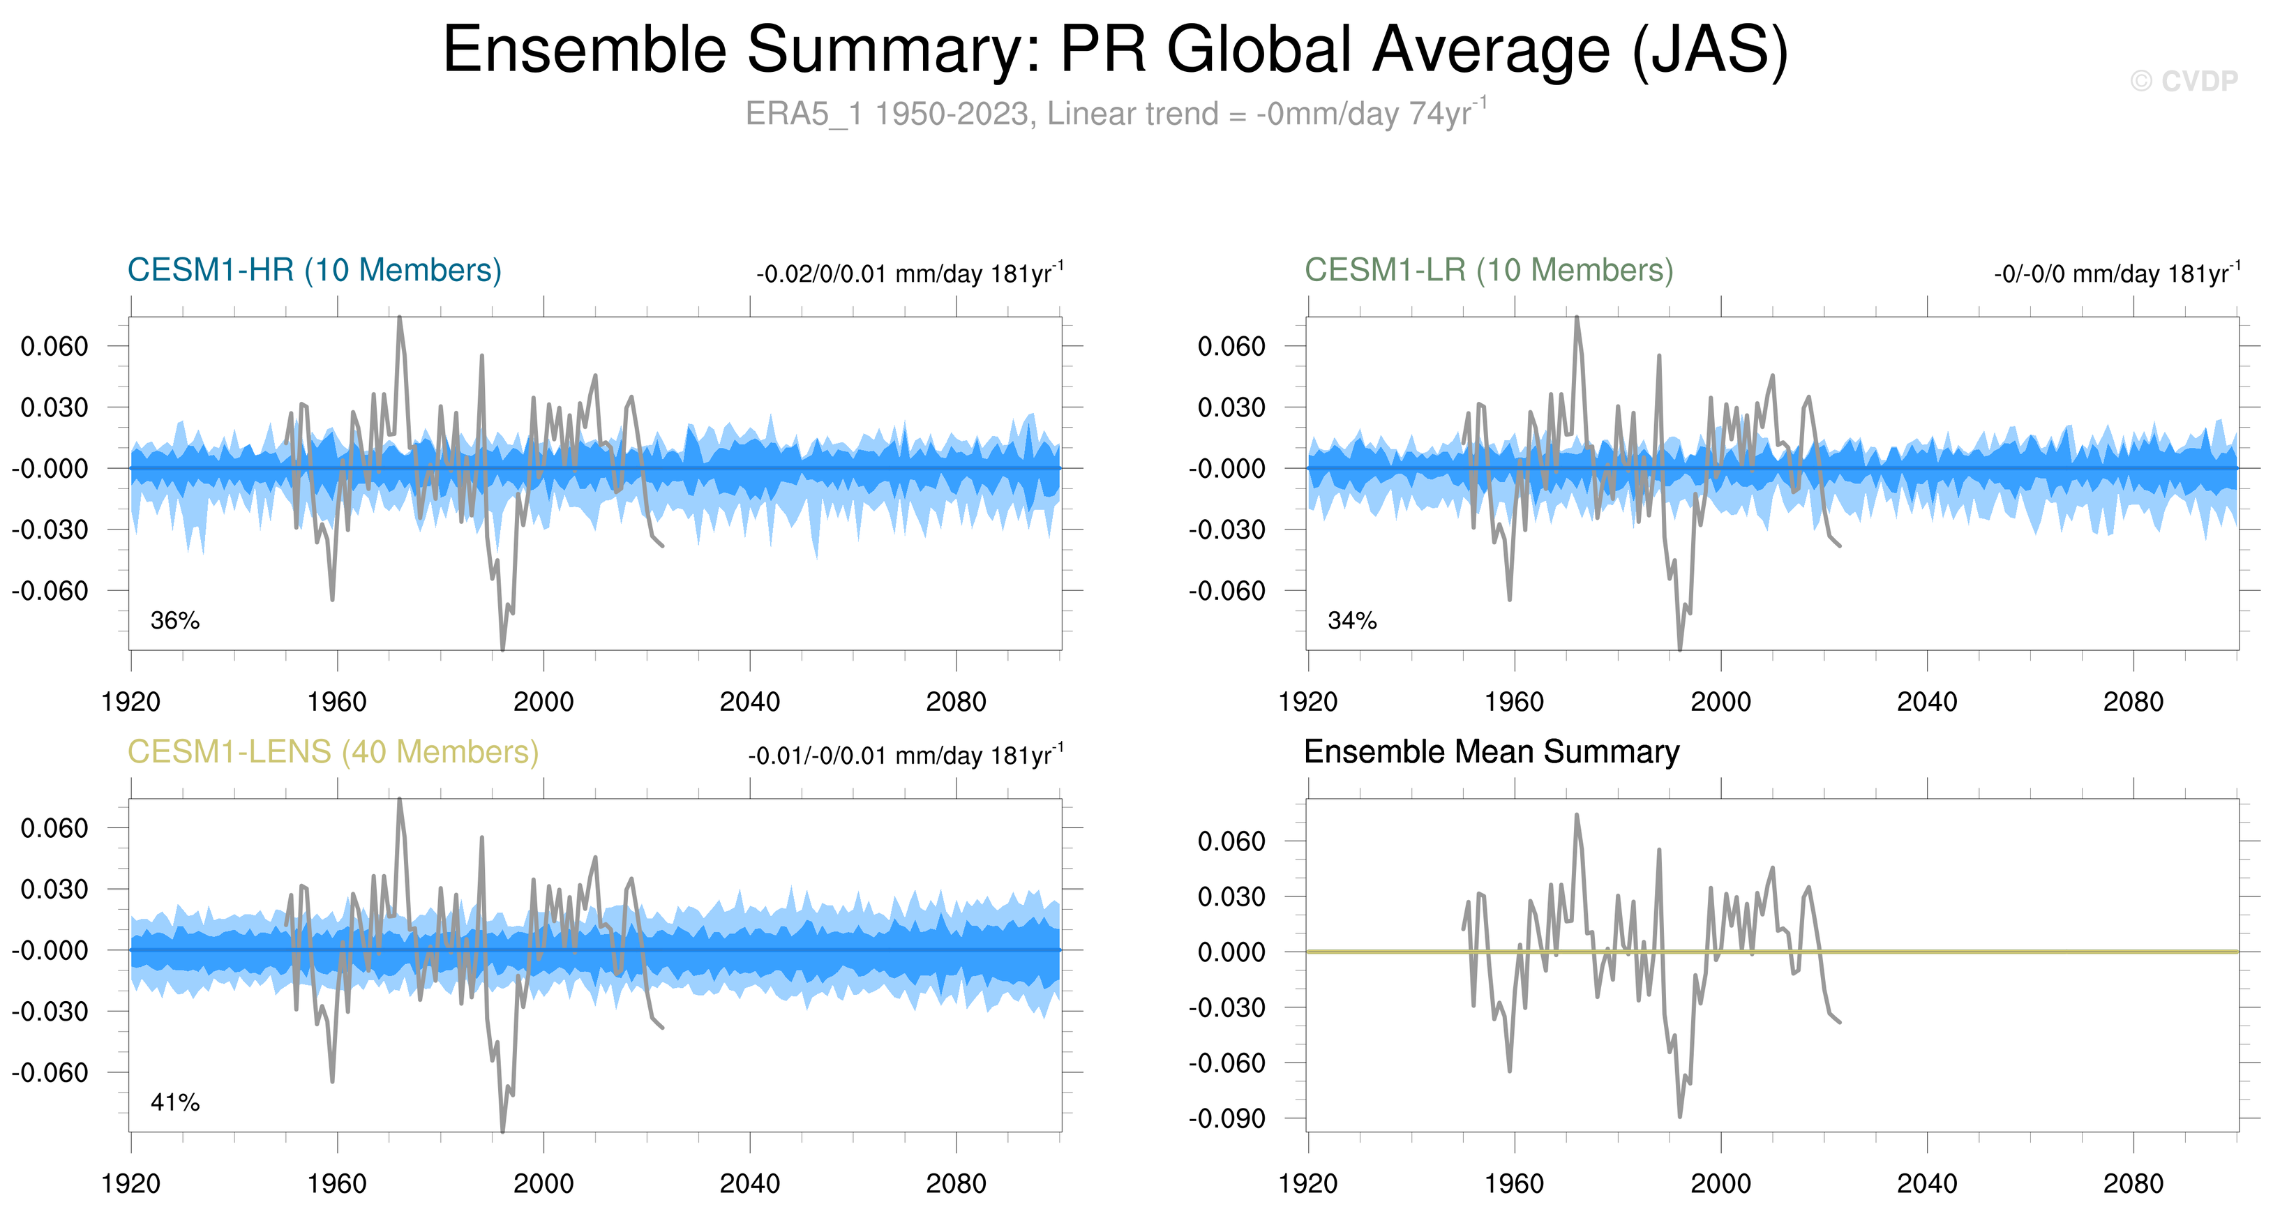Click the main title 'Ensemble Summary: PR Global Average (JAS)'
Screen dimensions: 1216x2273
1116,50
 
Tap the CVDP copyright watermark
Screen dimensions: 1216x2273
2183,81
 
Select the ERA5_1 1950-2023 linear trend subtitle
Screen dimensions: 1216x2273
1116,114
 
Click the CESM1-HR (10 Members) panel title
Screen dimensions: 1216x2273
314,270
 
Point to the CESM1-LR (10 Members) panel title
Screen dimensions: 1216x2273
1489,270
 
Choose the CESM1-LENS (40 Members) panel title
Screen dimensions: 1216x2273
333,752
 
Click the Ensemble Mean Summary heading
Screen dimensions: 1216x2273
1491,752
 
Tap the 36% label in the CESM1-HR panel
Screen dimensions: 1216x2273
174,620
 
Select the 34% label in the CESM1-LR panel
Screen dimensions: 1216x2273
1352,620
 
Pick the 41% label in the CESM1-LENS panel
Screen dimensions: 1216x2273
174,1102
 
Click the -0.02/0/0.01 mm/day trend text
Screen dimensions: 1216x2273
909,273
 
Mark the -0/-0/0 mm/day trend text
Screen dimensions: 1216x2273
2116,273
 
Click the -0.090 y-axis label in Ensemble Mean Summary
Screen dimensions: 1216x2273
1226,1118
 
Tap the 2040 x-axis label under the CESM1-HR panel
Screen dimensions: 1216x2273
749,702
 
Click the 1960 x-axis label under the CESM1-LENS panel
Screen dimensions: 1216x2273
336,1183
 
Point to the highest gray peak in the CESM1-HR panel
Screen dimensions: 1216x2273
400,317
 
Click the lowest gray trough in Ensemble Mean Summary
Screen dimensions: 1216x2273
1679,1116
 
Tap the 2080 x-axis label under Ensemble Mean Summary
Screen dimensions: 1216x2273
2133,1183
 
